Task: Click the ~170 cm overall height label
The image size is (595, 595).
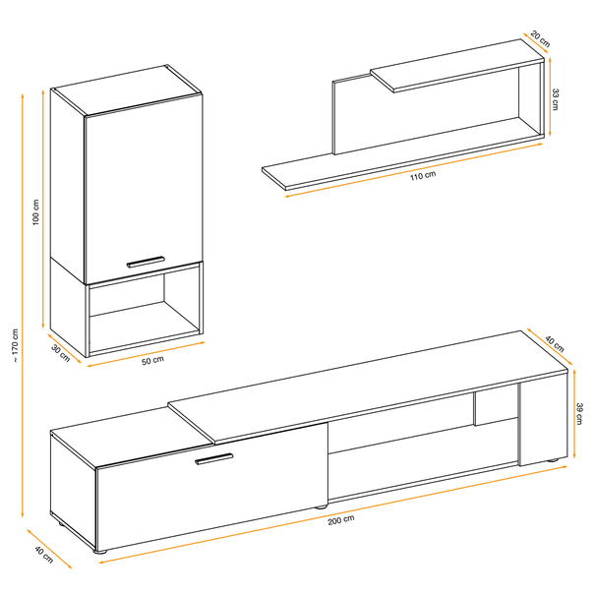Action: (15, 344)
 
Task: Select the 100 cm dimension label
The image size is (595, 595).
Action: (35, 212)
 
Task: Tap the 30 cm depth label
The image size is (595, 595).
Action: (61, 354)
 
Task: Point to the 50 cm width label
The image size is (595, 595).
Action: (152, 360)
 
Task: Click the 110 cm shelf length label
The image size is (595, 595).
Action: (423, 176)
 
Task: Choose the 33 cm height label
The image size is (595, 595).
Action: (555, 99)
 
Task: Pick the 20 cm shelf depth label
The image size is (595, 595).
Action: (540, 39)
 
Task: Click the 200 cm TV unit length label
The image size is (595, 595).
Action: (341, 519)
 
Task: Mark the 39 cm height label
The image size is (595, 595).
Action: (579, 414)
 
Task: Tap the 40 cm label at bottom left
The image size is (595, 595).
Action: (44, 555)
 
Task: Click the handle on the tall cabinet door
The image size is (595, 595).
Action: (146, 262)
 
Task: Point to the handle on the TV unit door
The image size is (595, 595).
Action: (213, 458)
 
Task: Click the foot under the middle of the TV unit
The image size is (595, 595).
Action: (321, 506)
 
